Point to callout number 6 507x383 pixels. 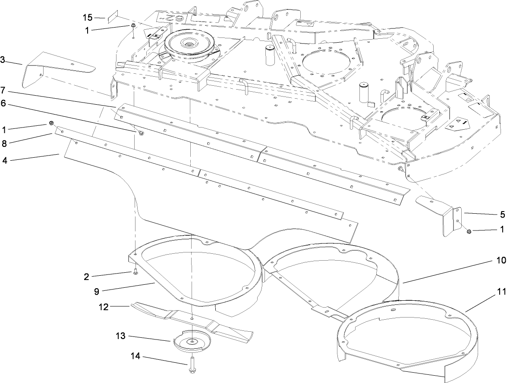point(3,104)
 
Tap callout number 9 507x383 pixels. point(97,292)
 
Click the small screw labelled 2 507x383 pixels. point(135,271)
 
